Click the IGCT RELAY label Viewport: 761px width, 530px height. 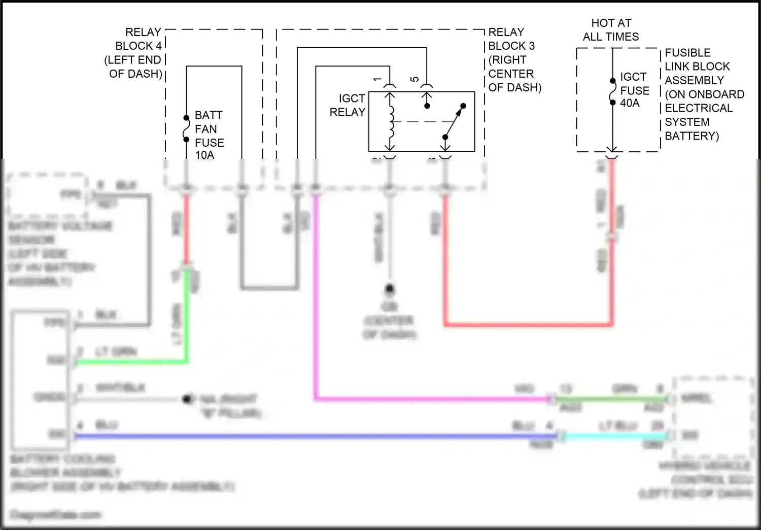tap(348, 105)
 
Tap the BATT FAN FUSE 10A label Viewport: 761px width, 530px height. tap(209, 135)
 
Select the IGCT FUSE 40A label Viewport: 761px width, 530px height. tap(634, 90)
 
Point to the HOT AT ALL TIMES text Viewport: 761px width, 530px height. tap(611, 30)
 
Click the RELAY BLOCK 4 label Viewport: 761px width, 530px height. tap(134, 53)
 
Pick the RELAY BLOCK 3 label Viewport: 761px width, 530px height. tap(513, 59)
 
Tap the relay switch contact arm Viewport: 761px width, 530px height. tap(454, 121)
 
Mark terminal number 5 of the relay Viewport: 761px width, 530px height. tap(415, 79)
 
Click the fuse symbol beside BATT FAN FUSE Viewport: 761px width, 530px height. tap(186, 129)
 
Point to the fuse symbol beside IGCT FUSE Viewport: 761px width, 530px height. tap(613, 92)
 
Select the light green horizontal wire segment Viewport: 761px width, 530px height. tap(132, 362)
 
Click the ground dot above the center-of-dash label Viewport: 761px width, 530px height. tap(390, 289)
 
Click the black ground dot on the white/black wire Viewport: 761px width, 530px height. tap(188, 400)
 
